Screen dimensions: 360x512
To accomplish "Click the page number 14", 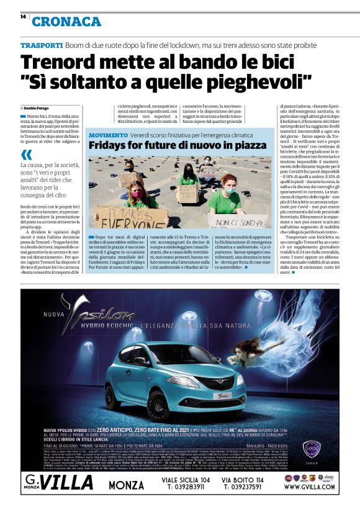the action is click(x=22, y=17).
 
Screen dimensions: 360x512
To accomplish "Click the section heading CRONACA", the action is click(x=66, y=22).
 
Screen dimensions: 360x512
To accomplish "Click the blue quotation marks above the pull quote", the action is click(x=25, y=154).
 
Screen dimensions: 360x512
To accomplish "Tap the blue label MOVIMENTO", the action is click(x=109, y=135).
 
